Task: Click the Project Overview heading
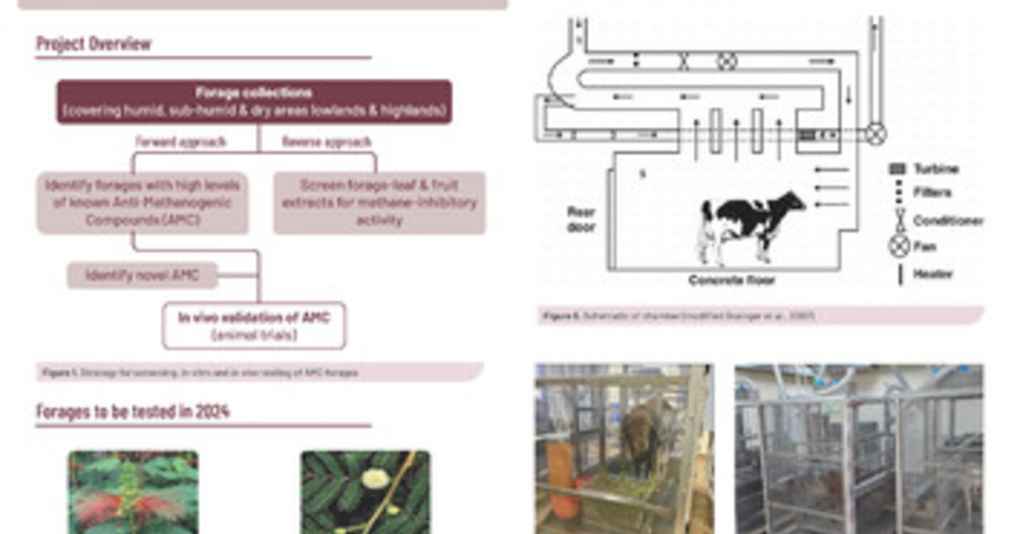pyautogui.click(x=93, y=43)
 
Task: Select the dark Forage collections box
pyautogui.click(x=253, y=102)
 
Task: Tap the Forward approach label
pyautogui.click(x=181, y=142)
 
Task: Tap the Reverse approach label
pyautogui.click(x=326, y=142)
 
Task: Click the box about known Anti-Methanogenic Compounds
pyautogui.click(x=142, y=202)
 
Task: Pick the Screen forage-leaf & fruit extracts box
pyautogui.click(x=379, y=202)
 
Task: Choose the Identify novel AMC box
pyautogui.click(x=142, y=276)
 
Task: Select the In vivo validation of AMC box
pyautogui.click(x=253, y=325)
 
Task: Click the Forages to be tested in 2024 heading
pyautogui.click(x=133, y=412)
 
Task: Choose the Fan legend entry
pyautogui.click(x=925, y=247)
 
